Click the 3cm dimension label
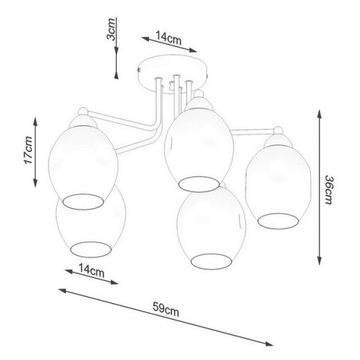(112, 29)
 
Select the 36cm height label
(328, 190)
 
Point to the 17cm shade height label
(28, 150)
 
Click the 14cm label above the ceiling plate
(168, 38)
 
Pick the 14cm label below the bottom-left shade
(91, 270)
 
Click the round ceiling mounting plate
(174, 73)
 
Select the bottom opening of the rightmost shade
(279, 221)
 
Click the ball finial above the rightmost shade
(279, 130)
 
